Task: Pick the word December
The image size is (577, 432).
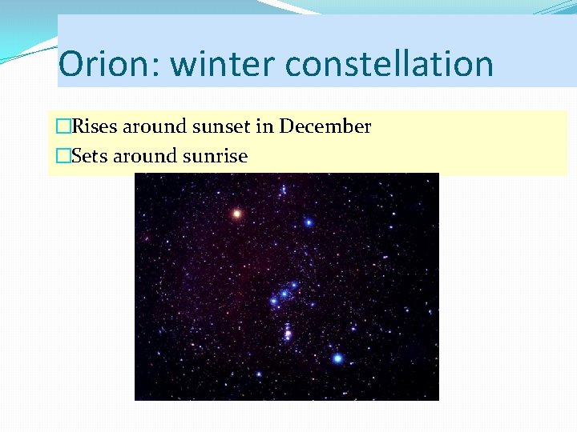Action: pos(325,126)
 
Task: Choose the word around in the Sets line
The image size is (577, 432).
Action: pos(146,156)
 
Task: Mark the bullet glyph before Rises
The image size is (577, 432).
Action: pos(63,126)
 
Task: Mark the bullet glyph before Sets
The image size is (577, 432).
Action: pos(63,156)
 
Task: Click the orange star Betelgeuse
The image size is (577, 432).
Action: pos(236,214)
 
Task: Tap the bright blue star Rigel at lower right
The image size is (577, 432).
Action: pos(337,358)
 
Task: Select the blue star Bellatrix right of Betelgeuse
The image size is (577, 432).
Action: pos(308,222)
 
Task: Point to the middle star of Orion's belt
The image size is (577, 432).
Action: pos(284,294)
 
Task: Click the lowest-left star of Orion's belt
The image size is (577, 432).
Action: pos(273,302)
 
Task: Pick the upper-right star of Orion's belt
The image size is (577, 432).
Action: pos(294,285)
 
